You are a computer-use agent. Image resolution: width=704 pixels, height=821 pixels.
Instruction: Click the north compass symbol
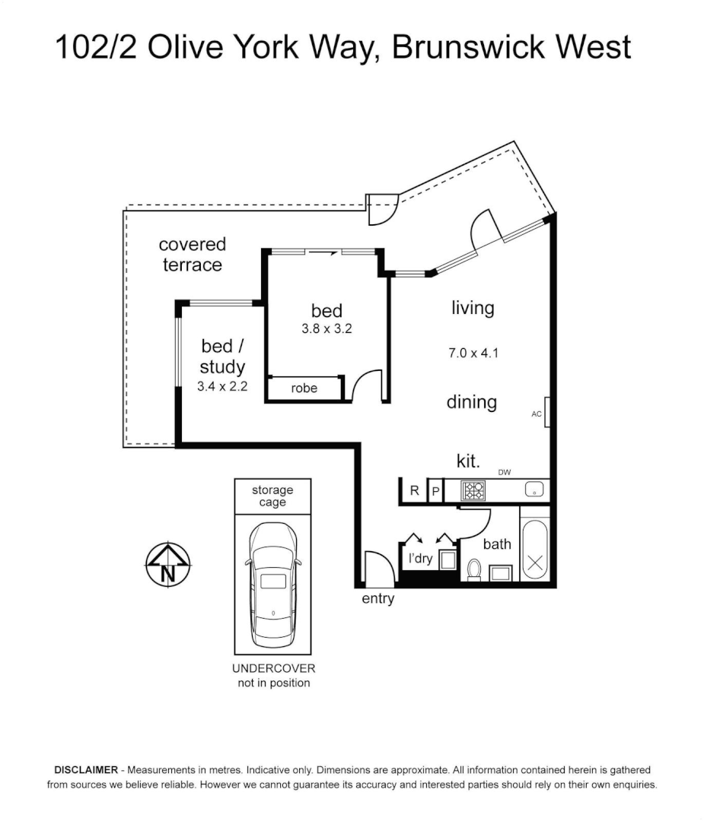(x=167, y=564)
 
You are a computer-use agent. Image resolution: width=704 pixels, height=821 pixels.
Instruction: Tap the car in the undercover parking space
(x=273, y=585)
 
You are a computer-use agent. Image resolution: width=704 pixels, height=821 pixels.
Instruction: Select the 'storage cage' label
(x=272, y=496)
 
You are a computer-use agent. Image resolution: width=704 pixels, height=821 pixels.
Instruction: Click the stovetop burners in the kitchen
(x=473, y=491)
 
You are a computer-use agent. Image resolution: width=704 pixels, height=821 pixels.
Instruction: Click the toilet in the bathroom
(x=474, y=569)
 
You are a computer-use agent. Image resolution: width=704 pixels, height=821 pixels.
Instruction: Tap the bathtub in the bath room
(x=535, y=550)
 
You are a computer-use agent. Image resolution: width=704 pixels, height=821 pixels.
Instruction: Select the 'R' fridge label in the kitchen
(x=415, y=490)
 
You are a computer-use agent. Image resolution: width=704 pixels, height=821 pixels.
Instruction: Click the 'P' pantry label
(x=435, y=492)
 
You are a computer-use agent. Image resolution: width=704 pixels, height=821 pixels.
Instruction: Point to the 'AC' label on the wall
(x=537, y=414)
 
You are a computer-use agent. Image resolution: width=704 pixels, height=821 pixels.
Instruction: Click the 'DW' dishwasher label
(x=505, y=472)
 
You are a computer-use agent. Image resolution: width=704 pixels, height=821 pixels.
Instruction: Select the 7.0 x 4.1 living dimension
(x=473, y=353)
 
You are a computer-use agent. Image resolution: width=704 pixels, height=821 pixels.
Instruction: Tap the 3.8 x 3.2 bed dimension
(x=327, y=329)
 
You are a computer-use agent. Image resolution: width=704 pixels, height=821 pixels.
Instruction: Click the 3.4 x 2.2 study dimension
(x=222, y=386)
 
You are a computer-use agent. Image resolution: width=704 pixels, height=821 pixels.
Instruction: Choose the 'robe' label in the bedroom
(x=304, y=388)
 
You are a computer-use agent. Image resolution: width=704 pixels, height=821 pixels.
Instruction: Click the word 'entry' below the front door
(x=378, y=598)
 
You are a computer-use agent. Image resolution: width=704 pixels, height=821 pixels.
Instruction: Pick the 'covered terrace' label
(x=193, y=255)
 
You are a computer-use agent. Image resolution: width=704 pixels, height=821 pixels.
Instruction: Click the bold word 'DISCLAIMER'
(x=86, y=770)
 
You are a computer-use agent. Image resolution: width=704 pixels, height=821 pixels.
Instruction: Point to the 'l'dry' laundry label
(x=420, y=559)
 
